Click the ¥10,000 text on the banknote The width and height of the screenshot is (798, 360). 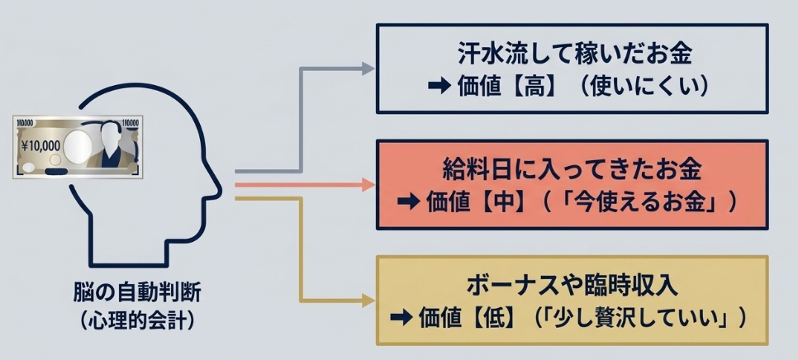click(x=39, y=144)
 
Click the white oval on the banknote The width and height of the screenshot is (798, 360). click(x=76, y=146)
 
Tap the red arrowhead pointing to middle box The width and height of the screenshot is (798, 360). click(x=368, y=185)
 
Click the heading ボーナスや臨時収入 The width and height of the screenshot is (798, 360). click(x=572, y=287)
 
